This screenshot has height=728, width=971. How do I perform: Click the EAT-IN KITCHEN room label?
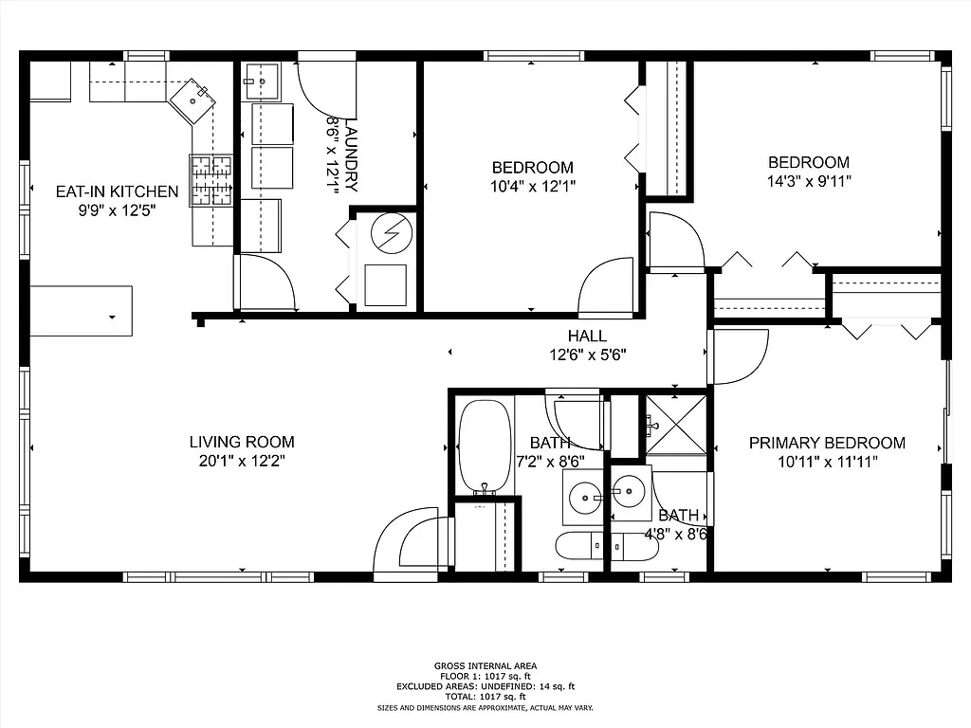coord(117,191)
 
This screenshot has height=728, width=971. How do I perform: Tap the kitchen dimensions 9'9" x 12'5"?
coord(117,210)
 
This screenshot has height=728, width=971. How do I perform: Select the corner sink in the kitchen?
coord(194,98)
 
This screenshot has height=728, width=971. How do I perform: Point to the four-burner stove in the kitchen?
coord(212,180)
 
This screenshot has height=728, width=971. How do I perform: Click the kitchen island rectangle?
coord(81,310)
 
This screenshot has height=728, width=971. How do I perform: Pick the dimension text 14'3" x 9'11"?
coord(809,181)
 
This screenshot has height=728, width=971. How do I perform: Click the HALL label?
coord(587,336)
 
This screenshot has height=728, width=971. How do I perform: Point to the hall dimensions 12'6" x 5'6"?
coord(587,355)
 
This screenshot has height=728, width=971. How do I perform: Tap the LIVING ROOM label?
coord(242,442)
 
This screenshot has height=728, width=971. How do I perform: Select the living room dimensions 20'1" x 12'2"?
coord(242,461)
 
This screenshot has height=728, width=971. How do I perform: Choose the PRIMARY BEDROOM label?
coord(827,443)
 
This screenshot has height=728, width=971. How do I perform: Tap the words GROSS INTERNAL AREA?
coord(485,666)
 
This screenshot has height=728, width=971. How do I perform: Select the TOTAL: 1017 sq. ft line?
coord(485,697)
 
